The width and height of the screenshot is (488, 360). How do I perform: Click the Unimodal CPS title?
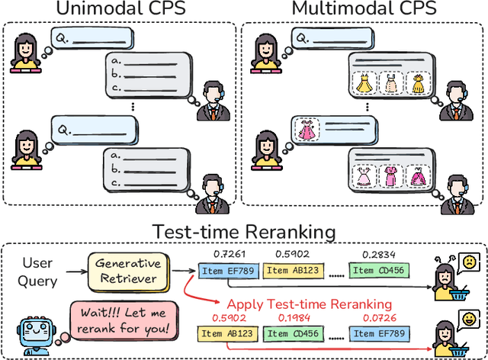pyautogui.click(x=117, y=9)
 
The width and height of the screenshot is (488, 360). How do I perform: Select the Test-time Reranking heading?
pyautogui.click(x=245, y=231)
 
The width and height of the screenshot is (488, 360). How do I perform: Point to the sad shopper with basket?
pyautogui.click(x=451, y=277)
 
